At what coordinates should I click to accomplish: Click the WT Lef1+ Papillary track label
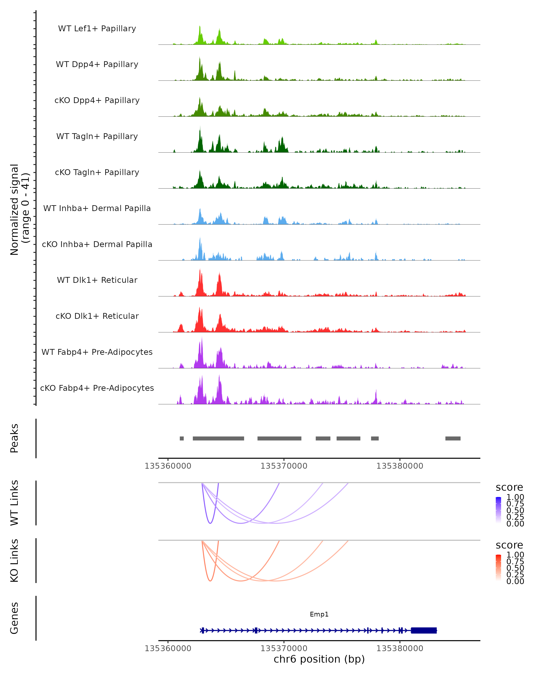point(97,29)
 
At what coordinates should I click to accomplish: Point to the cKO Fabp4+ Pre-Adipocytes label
point(97,388)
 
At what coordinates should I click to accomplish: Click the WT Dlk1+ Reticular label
point(97,280)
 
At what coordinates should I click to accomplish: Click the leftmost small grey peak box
point(182,438)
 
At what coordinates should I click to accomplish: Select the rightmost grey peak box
point(453,438)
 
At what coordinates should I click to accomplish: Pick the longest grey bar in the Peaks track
point(218,438)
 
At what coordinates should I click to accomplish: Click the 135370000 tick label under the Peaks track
point(284,466)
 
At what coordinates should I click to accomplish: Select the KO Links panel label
point(14,560)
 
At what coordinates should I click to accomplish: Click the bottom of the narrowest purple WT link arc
point(210,523)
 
